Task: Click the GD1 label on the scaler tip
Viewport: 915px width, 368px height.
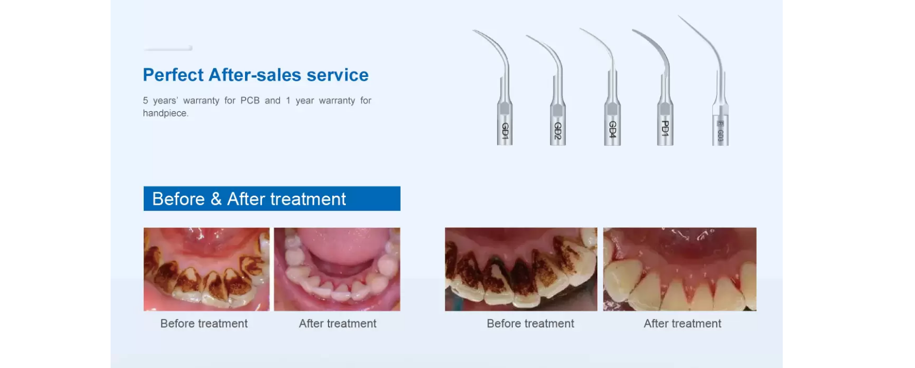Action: (505, 131)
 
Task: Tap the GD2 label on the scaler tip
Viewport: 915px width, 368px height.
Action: (558, 131)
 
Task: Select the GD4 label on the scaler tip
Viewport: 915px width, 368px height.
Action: (613, 129)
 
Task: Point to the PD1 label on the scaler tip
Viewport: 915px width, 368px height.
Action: (665, 128)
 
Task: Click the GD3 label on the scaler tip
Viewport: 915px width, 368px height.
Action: (720, 135)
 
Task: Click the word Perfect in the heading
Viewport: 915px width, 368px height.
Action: (173, 75)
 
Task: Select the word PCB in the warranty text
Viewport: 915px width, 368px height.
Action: (250, 100)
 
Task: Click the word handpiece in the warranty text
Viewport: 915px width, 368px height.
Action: (165, 113)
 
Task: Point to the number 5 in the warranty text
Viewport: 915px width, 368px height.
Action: (145, 100)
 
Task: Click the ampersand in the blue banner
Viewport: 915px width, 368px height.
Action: (216, 199)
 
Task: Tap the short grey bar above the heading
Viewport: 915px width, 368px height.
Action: (168, 48)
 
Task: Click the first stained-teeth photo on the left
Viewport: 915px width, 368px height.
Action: (207, 269)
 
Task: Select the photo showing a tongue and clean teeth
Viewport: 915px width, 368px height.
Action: (337, 269)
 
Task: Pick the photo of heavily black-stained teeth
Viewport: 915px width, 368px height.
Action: (521, 269)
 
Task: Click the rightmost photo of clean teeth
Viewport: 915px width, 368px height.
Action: (680, 269)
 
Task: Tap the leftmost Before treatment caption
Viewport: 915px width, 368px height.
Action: (204, 324)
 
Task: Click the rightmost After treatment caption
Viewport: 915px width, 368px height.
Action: (682, 324)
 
